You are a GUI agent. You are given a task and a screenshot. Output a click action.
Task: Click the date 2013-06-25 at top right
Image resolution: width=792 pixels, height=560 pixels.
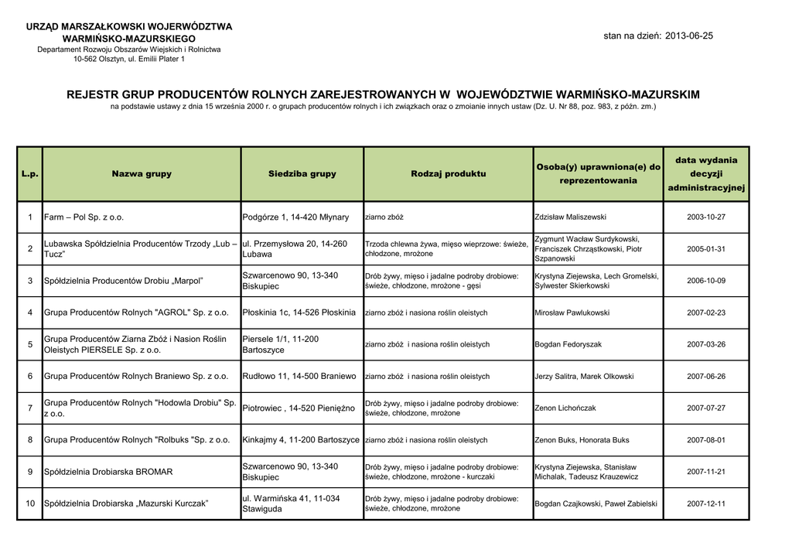[x=688, y=36]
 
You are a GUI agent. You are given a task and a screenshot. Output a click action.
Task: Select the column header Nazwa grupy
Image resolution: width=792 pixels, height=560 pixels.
[x=142, y=174]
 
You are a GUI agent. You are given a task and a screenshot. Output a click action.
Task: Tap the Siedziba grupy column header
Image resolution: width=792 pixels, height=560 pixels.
[x=302, y=174]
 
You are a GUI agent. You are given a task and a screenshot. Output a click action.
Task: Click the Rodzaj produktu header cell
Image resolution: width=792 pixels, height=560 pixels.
[x=449, y=174]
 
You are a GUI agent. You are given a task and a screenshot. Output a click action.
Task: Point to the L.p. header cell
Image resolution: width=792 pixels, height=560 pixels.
[x=30, y=174]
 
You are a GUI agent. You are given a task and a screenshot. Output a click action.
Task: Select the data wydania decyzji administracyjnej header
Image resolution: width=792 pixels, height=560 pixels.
[x=705, y=174]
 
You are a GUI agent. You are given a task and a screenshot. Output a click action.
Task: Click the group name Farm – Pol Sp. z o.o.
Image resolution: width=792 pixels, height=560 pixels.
[x=84, y=217]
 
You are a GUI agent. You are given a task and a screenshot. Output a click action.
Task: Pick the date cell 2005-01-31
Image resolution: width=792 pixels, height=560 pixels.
[x=705, y=249]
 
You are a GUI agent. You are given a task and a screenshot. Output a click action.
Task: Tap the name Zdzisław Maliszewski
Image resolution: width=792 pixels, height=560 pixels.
[x=571, y=217]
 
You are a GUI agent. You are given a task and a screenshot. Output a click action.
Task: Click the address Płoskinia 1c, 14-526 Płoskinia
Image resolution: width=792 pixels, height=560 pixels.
[x=299, y=312]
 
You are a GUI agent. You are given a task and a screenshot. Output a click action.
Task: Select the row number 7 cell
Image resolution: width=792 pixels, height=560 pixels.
[x=30, y=408]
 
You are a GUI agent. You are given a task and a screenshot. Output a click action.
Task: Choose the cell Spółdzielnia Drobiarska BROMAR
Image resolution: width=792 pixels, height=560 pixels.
[x=108, y=471]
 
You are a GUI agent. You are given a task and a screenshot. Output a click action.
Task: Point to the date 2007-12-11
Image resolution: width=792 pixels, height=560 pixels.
[x=705, y=504]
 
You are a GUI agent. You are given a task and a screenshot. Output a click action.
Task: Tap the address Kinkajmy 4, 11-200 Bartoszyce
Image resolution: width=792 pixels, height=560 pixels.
[x=301, y=439]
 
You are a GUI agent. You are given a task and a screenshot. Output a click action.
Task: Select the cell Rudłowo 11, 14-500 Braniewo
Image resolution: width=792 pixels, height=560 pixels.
[x=299, y=376]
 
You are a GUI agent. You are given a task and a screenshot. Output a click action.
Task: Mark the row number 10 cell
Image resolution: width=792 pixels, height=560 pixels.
[x=30, y=504]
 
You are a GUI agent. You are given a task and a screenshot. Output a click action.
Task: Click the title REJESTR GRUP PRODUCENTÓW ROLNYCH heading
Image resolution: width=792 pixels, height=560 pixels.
[x=383, y=94]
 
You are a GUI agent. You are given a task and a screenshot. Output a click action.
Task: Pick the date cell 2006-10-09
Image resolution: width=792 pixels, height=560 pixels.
[x=705, y=281]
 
